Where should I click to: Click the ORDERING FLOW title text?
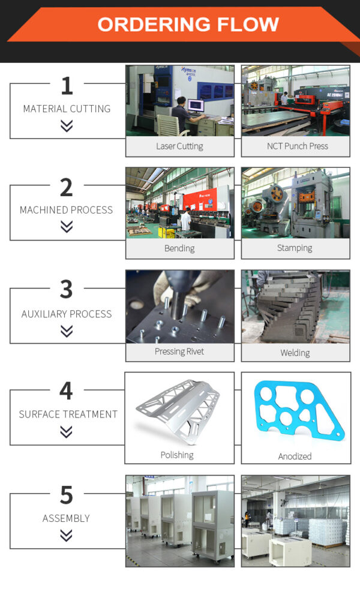coord(188,25)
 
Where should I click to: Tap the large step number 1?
coord(67,86)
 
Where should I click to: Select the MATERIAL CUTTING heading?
coord(67,109)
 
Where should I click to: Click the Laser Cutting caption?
coord(179,146)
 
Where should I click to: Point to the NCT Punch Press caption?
coord(297,146)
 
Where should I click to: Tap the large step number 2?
coord(67,187)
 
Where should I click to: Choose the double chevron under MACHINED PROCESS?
coord(67,226)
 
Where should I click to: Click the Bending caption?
coord(179,248)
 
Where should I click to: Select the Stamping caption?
coord(295,248)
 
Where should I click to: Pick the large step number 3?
coord(67,290)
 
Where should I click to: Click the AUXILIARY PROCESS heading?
coord(67,314)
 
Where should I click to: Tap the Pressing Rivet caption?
coord(179,351)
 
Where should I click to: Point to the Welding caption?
coord(295,352)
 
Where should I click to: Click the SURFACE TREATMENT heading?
coord(68,414)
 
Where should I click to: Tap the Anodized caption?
coord(295,456)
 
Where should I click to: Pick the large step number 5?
coord(67,495)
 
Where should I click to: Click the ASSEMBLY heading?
coord(66,518)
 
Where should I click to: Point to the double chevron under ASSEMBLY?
coord(67,535)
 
